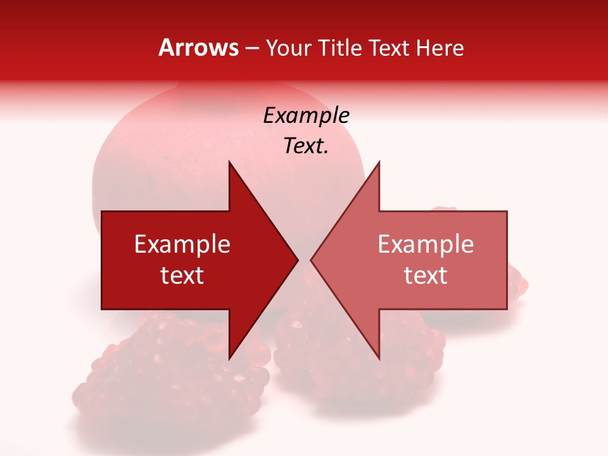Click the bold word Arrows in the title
[198, 47]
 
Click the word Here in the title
[440, 48]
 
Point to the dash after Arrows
[252, 49]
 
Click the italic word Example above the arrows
[306, 116]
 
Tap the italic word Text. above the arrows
[306, 146]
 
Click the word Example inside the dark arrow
[182, 244]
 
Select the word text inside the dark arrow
[182, 275]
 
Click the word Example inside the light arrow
[426, 244]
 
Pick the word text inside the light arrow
[426, 275]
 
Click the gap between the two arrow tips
[305, 260]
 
